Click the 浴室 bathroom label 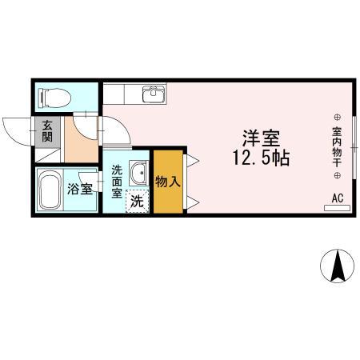pyautogui.click(x=79, y=190)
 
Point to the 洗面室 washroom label pyautogui.click(x=117, y=182)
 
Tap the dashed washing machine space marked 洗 pyautogui.click(x=138, y=201)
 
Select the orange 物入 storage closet pyautogui.click(x=168, y=182)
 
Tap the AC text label pyautogui.click(x=337, y=197)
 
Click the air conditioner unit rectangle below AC pyautogui.click(x=337, y=208)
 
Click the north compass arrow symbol pyautogui.click(x=338, y=265)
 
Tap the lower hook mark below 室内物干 pyautogui.click(x=337, y=174)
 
